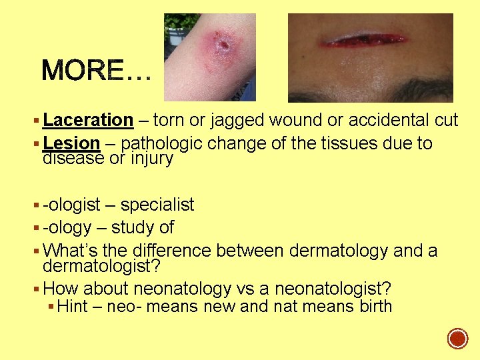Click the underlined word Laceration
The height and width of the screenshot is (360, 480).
[88, 121]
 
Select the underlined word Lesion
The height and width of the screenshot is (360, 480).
[71, 143]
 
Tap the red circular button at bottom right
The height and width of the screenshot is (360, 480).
[457, 339]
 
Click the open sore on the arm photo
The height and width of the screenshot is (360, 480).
[222, 45]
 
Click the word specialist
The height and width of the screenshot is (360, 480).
[157, 205]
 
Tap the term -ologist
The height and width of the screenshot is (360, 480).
[71, 205]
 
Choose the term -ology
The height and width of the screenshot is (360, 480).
[67, 227]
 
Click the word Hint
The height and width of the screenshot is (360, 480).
[74, 307]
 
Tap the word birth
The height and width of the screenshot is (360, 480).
[373, 307]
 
